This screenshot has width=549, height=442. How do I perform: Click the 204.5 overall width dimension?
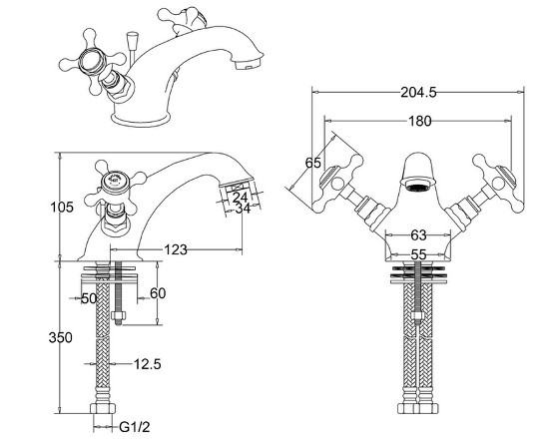click(x=418, y=93)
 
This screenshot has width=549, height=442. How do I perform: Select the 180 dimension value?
click(x=420, y=121)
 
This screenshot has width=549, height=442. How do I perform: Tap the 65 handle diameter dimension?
click(x=313, y=163)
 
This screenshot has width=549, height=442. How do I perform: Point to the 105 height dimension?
click(x=62, y=208)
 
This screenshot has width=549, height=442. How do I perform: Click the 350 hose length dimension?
click(x=61, y=337)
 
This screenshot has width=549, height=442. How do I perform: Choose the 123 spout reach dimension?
click(x=176, y=249)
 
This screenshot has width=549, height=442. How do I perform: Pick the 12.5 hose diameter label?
click(x=148, y=364)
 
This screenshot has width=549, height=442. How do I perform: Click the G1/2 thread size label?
click(x=135, y=427)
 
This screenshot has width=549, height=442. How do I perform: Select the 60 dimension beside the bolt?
click(x=158, y=293)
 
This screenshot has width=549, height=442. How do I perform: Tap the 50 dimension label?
click(x=89, y=298)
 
